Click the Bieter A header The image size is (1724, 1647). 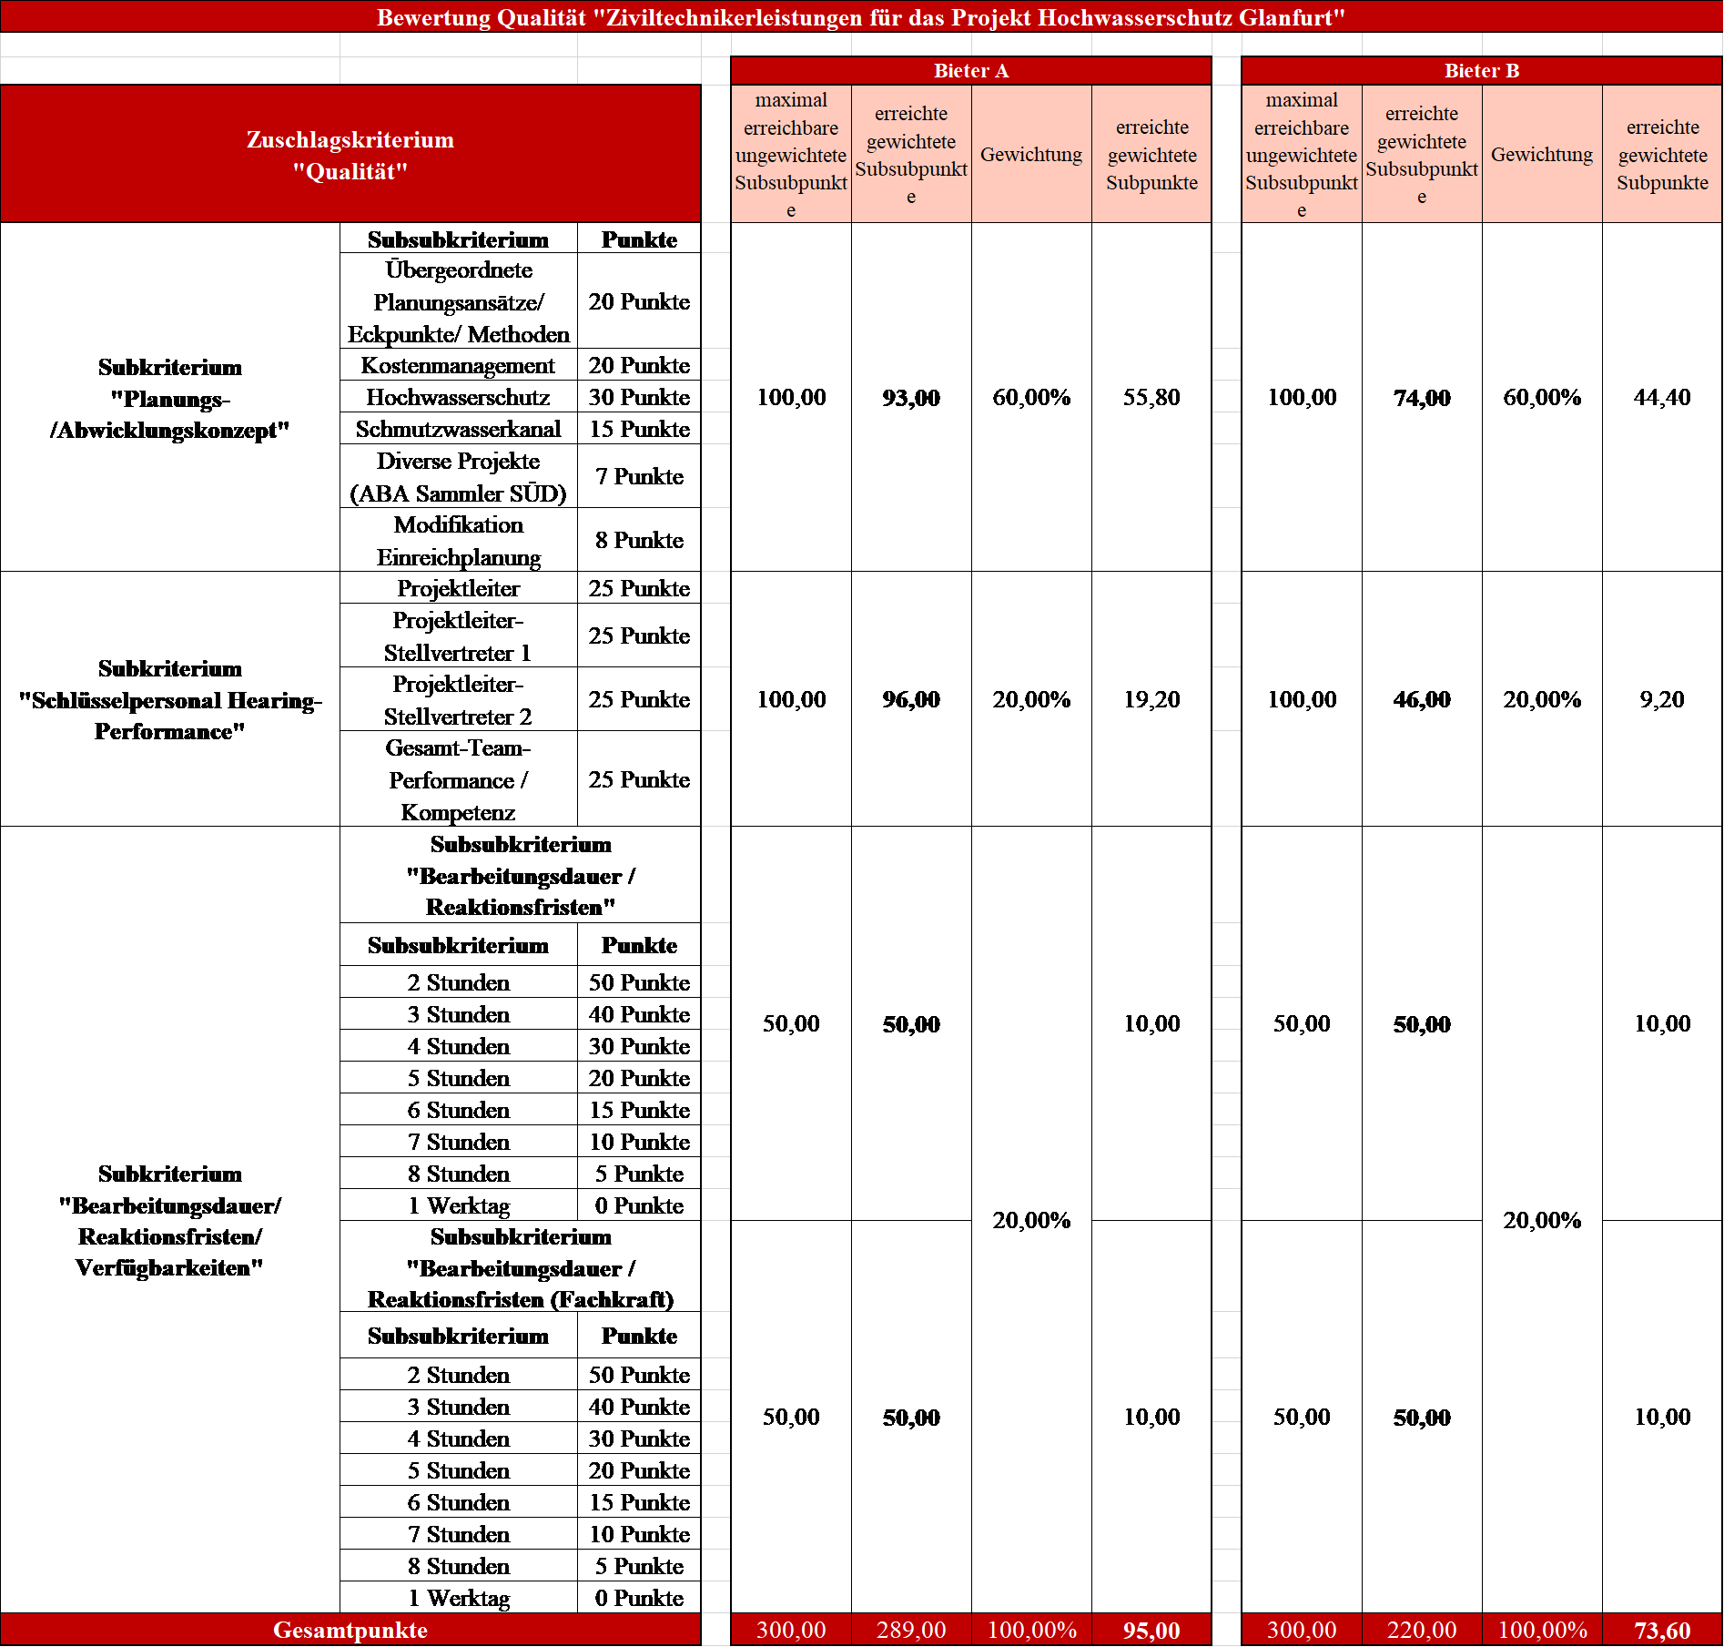(970, 71)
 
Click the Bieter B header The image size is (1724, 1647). (1481, 71)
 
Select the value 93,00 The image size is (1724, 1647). (911, 398)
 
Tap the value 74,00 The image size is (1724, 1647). (1422, 398)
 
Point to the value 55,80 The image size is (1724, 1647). (1151, 398)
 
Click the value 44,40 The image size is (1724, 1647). (1662, 398)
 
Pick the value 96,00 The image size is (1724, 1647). (911, 700)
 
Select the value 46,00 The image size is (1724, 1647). (1422, 700)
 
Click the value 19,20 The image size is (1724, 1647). (1151, 700)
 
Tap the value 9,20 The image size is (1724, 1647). (1662, 700)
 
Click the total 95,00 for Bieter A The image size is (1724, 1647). (1151, 1631)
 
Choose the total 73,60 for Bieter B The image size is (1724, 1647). (1662, 1631)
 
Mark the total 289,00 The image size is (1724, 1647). (911, 1631)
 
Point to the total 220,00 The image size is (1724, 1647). (1422, 1631)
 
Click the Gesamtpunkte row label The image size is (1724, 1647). (350, 1631)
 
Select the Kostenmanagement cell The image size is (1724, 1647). (458, 366)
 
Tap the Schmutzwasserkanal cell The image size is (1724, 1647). (458, 430)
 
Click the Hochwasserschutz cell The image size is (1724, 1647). (458, 398)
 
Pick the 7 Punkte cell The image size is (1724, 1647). (639, 477)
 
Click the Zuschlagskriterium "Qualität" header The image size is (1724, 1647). (350, 155)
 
